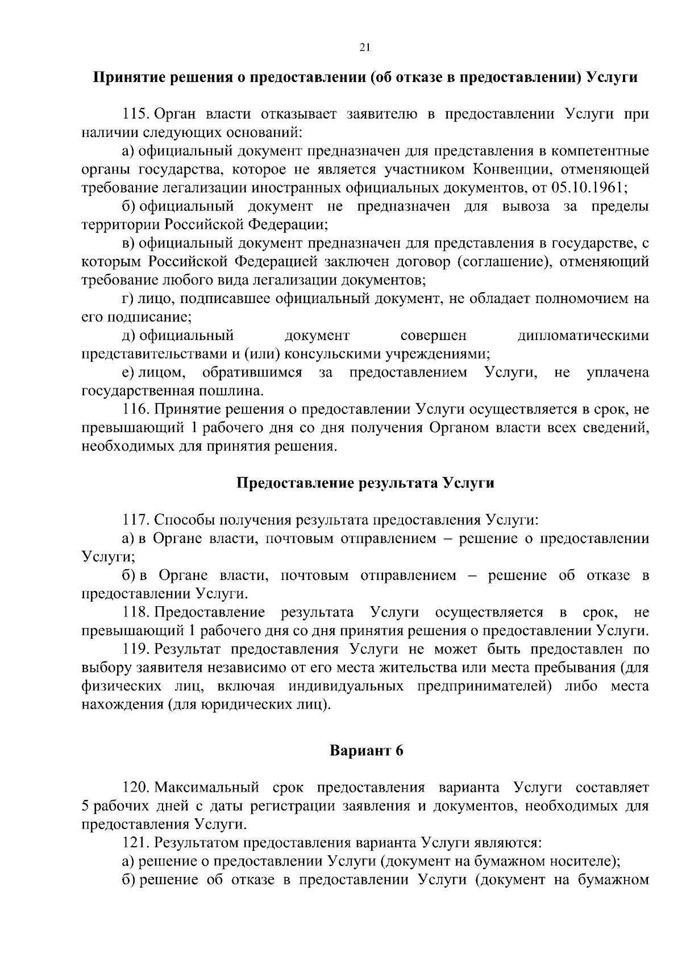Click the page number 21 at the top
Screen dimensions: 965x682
365,48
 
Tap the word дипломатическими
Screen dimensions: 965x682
583,336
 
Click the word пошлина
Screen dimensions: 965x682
232,391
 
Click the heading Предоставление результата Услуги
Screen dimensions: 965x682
365,483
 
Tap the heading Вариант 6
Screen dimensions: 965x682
367,751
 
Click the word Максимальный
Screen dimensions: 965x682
207,788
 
